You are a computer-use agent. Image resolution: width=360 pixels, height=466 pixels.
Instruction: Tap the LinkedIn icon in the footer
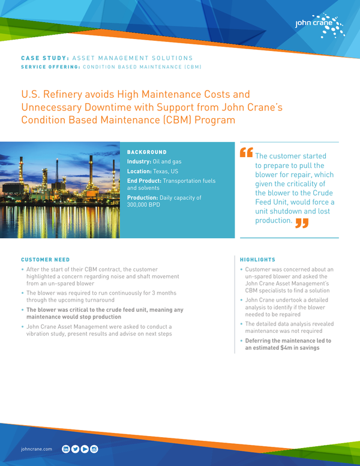(x=66, y=449)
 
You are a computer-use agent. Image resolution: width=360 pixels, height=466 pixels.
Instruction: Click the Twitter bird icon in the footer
(x=75, y=449)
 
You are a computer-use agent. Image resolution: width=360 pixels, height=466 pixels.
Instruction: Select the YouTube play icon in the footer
(x=85, y=449)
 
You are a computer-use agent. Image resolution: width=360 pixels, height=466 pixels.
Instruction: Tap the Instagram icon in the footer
(x=94, y=449)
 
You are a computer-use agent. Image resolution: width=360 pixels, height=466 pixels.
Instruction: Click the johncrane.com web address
(x=37, y=449)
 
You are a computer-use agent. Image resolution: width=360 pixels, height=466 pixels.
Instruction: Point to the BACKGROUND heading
(x=147, y=152)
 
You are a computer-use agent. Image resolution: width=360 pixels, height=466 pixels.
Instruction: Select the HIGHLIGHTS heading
(x=258, y=260)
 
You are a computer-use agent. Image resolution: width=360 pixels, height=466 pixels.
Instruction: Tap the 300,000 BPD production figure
(x=144, y=205)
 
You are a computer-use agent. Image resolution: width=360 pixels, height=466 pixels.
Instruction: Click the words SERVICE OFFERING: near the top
(x=50, y=67)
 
